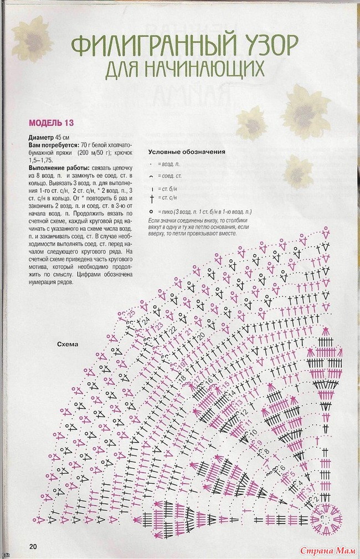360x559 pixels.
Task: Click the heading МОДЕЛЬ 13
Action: click(x=51, y=122)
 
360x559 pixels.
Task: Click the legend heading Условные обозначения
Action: click(x=186, y=152)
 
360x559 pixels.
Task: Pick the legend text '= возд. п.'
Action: click(x=167, y=165)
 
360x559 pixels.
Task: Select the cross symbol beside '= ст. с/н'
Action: click(x=151, y=197)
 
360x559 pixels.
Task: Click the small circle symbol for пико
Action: click(x=151, y=212)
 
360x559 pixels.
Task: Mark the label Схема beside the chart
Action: click(x=68, y=344)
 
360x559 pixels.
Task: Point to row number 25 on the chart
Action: click(x=131, y=314)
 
